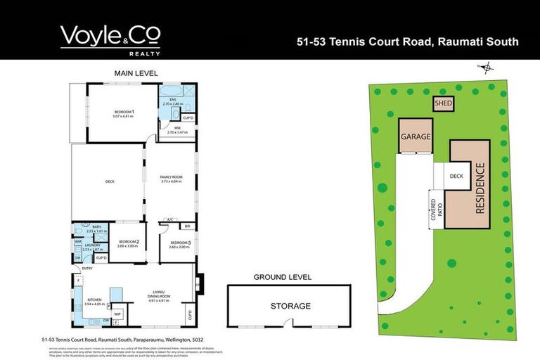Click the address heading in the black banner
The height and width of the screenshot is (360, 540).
click(x=409, y=42)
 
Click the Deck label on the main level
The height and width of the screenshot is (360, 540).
click(x=110, y=182)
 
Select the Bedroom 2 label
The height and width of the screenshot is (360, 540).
click(x=127, y=244)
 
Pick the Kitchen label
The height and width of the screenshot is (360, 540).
click(x=94, y=300)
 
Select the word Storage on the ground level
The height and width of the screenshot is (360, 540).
click(x=290, y=306)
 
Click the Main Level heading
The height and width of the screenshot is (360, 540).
click(x=136, y=73)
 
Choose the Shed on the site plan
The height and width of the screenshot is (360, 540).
click(x=443, y=104)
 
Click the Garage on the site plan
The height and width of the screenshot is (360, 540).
click(x=415, y=136)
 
